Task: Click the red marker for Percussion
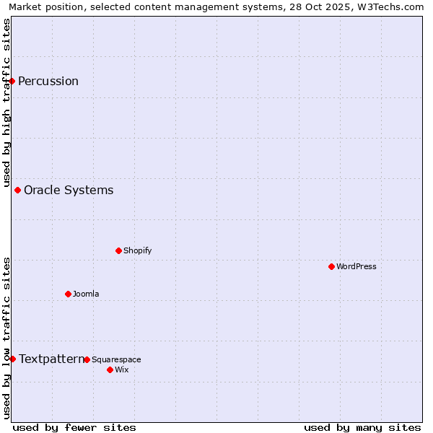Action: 12,81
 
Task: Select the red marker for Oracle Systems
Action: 18,191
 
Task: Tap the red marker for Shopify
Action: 119,251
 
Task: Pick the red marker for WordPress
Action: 332,267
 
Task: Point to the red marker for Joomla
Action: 69,294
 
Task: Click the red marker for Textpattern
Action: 12,359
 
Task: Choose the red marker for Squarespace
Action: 87,360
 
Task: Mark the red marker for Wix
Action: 110,370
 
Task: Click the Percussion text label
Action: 48,81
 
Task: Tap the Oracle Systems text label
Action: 69,191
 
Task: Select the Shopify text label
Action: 137,251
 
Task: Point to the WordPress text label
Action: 357,267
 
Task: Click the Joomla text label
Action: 86,294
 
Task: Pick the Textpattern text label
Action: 51,359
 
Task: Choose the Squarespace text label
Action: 116,360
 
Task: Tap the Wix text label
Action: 122,370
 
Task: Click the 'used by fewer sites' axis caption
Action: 74,428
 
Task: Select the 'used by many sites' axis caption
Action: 362,428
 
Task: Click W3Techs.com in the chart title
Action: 390,7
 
